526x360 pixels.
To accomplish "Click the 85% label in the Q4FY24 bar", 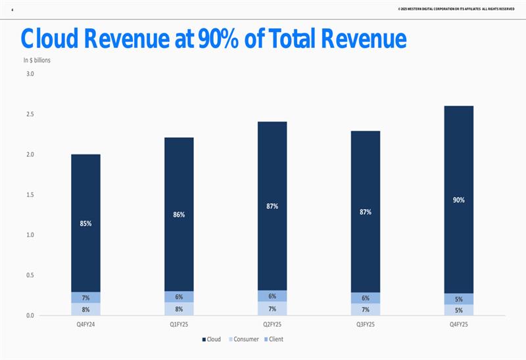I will (85, 223).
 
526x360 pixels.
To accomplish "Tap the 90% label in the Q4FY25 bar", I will (459, 200).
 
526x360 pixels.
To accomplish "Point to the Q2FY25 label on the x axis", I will (272, 324).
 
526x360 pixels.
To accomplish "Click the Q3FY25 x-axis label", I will (366, 324).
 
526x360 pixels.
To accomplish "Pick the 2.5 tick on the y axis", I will (30, 114).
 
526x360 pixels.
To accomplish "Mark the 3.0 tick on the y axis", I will (30, 74).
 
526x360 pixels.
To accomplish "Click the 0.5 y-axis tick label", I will (30, 275).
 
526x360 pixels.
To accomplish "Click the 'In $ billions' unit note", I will (37, 60).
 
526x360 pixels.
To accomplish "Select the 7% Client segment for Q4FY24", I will (85, 298).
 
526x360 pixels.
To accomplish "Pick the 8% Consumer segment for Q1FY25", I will (179, 309).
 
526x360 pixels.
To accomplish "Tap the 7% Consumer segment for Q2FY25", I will (272, 309).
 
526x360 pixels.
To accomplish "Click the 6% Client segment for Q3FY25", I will (366, 298).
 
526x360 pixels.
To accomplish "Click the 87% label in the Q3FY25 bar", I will (366, 212).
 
